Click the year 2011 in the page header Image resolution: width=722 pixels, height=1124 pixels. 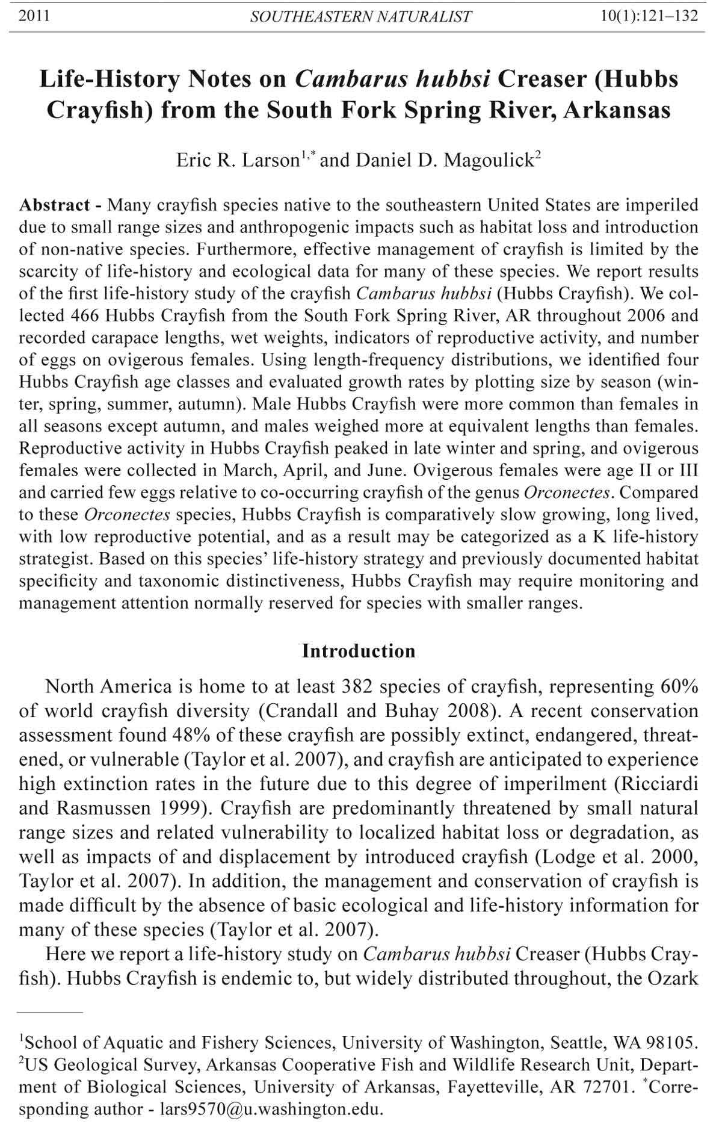(34, 16)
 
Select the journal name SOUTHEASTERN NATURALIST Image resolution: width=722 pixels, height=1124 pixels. (360, 17)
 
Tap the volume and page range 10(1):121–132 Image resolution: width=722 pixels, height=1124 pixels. (649, 16)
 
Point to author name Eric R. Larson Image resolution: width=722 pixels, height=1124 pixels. (238, 160)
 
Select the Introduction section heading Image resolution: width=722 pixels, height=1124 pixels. (359, 651)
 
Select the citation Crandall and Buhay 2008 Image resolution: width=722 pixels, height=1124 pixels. (377, 712)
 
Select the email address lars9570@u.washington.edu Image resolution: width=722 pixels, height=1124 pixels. (270, 1109)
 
